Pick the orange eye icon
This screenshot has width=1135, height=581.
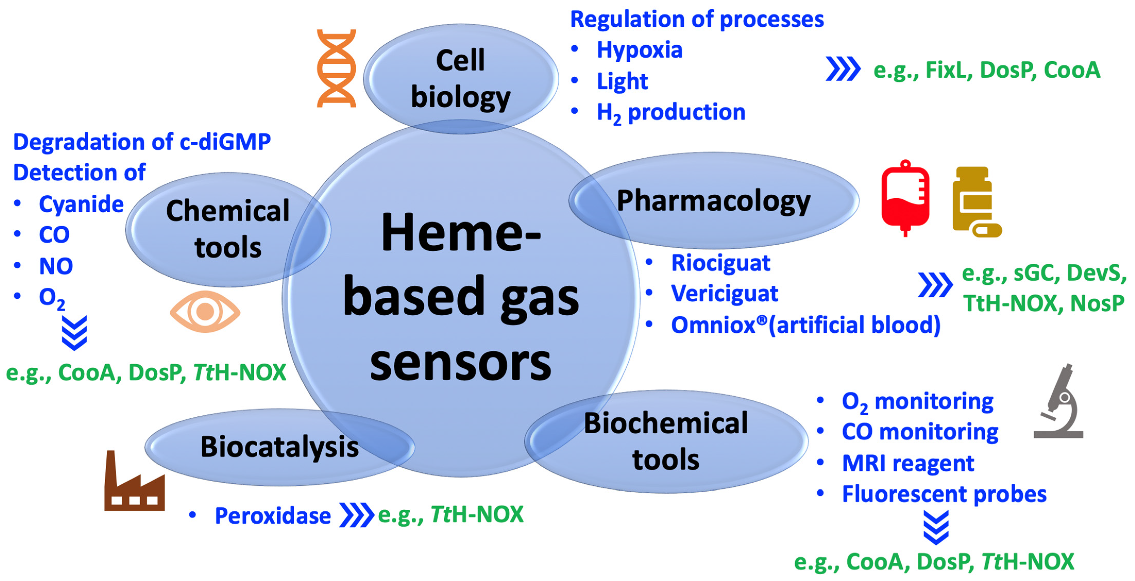tap(205, 311)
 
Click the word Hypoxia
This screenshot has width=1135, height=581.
tap(639, 50)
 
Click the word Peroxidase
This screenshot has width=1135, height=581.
tap(272, 515)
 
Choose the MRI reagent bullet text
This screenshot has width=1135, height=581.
tap(908, 463)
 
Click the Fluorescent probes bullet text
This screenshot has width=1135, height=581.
tap(944, 494)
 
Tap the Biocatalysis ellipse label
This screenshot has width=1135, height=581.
tap(279, 447)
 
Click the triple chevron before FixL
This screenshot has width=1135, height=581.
tap(842, 69)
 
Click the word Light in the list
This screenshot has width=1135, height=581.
tap(622, 81)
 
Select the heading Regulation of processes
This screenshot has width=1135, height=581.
tap(697, 19)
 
